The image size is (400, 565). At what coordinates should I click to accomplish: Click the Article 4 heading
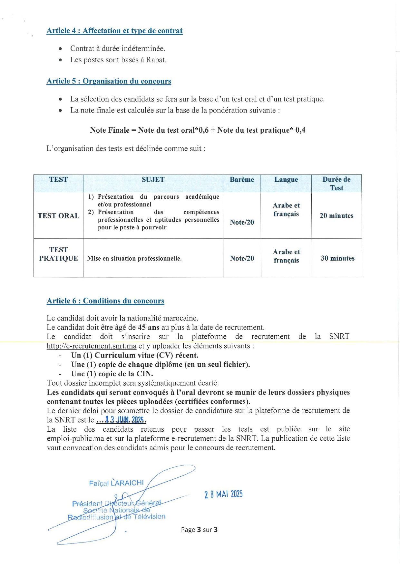(114, 31)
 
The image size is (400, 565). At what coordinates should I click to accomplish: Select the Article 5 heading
(109, 81)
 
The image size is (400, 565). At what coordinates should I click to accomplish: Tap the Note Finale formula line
(198, 130)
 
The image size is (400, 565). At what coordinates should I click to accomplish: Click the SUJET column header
(153, 180)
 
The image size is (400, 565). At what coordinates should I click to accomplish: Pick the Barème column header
(242, 180)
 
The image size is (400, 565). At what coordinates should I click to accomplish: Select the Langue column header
(286, 180)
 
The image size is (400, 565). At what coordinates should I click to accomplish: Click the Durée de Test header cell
(337, 184)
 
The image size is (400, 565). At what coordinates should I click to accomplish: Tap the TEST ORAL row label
(58, 216)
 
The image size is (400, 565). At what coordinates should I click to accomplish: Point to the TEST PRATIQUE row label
(58, 254)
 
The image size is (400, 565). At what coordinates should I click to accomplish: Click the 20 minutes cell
(337, 216)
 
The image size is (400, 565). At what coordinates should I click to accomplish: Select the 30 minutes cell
(337, 258)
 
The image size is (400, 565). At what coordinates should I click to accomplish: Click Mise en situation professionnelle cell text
(134, 258)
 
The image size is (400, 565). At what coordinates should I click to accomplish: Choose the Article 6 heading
(105, 301)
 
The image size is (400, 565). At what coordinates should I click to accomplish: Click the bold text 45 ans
(149, 328)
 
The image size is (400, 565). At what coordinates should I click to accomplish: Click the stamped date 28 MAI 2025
(223, 494)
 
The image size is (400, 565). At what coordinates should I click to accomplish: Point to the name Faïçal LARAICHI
(116, 483)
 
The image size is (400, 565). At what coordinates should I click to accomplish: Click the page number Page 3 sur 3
(199, 530)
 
